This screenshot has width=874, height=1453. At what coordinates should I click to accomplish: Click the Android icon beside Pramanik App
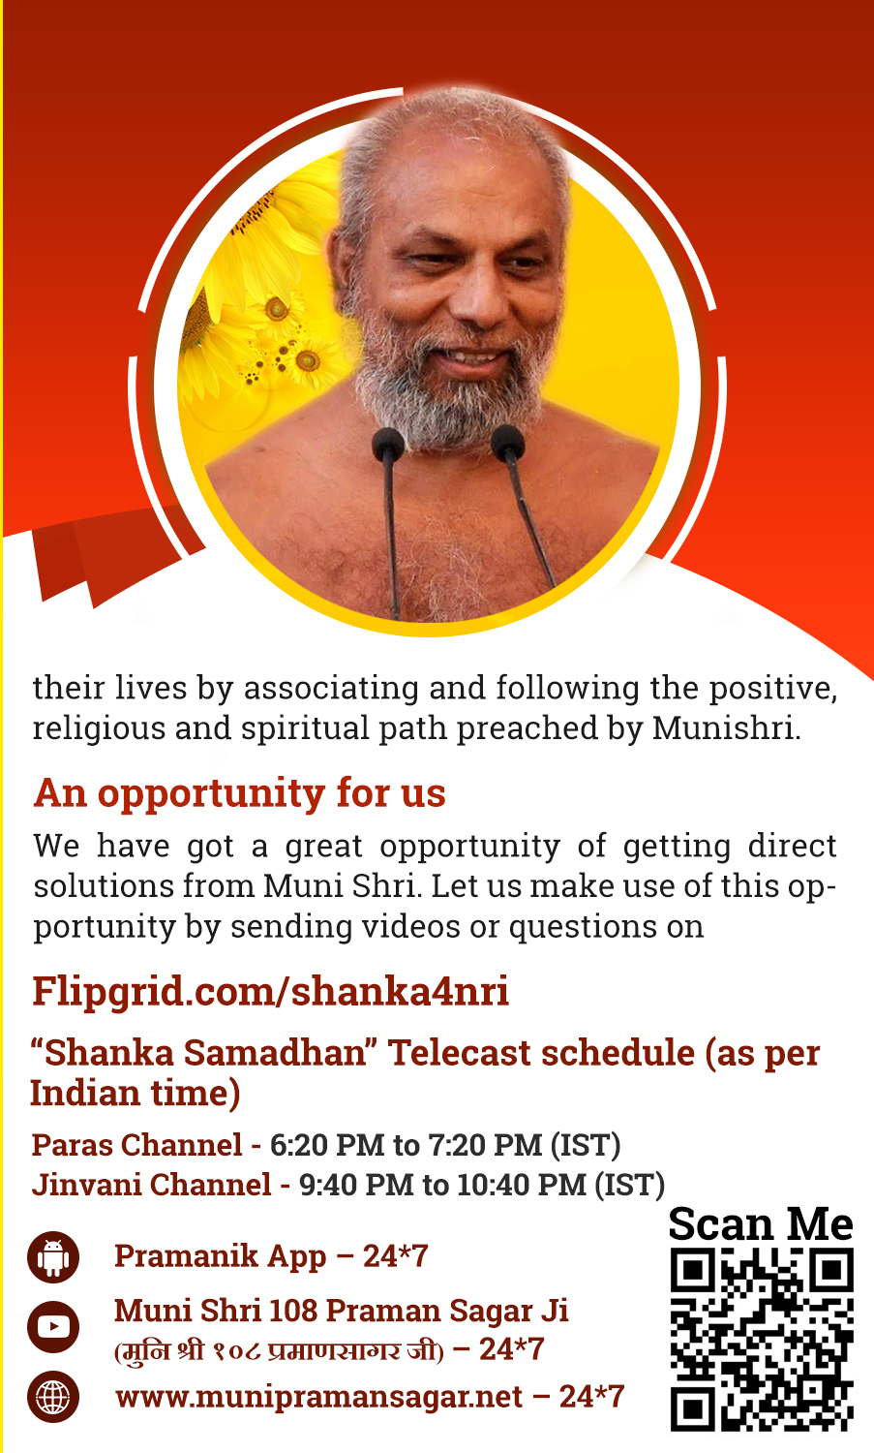point(53,1257)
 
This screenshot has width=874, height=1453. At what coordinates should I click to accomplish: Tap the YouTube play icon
point(53,1326)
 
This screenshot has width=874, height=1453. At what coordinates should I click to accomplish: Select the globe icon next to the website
point(53,1397)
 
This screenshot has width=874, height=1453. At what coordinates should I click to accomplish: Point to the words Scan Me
point(761,1224)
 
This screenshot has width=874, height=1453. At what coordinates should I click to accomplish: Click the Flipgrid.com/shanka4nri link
point(270,992)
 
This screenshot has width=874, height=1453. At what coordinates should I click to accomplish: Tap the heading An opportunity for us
point(239,792)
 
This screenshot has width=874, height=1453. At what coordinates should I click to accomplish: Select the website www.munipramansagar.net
point(319,1397)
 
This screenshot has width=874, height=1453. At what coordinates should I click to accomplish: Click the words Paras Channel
point(136,1145)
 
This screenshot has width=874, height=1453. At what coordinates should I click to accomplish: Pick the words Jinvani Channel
point(151,1185)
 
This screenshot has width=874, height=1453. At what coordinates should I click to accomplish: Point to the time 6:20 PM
point(327,1145)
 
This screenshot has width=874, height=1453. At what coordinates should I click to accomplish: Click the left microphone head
point(388,445)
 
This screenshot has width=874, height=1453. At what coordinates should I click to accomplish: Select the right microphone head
point(507,442)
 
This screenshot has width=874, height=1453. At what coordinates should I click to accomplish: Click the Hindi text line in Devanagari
point(279,1351)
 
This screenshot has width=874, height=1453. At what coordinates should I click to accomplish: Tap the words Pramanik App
point(220,1257)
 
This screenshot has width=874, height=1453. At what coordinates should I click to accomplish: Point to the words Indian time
point(135,1093)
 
